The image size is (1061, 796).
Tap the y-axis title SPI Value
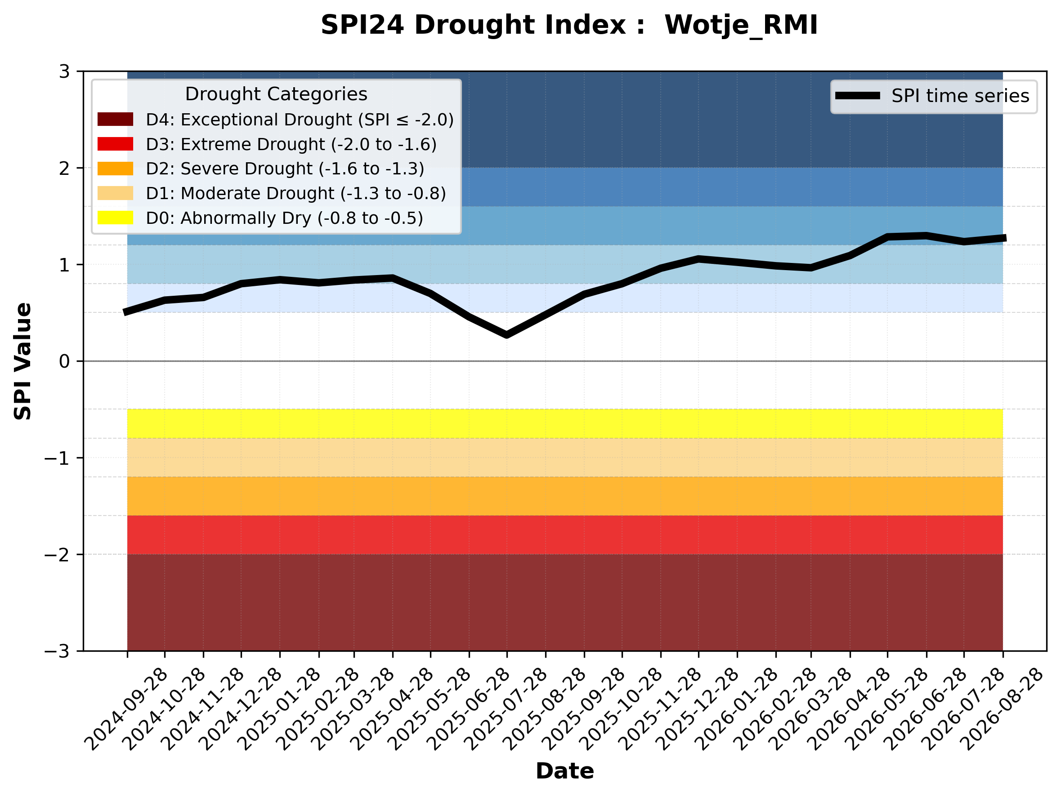click(22, 361)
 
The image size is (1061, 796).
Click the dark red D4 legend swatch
click(115, 119)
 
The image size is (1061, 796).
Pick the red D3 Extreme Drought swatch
click(115, 144)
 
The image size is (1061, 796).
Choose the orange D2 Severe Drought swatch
click(115, 169)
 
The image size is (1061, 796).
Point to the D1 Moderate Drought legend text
click(296, 193)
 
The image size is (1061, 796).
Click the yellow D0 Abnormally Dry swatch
click(115, 218)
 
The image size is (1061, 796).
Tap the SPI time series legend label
click(960, 96)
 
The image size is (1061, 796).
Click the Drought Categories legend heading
click(276, 94)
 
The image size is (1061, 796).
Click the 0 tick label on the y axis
click(64, 361)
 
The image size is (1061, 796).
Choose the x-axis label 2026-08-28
click(1002, 709)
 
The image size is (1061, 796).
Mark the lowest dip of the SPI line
click(506, 334)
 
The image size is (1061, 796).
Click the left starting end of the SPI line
click(125, 312)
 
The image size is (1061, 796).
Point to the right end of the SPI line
click(1005, 238)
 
